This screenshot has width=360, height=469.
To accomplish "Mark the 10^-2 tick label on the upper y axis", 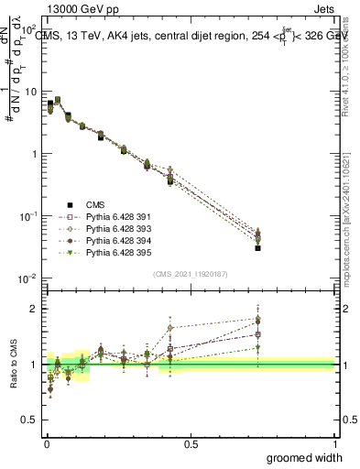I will [x=27, y=278].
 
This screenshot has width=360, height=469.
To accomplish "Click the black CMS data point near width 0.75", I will [x=258, y=248].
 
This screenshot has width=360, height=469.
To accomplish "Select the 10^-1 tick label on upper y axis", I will [x=27, y=216].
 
